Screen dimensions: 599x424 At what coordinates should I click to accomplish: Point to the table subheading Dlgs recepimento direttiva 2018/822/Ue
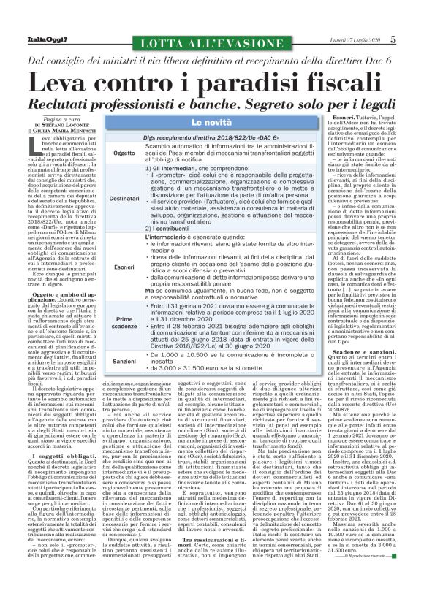coord(178,137)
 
